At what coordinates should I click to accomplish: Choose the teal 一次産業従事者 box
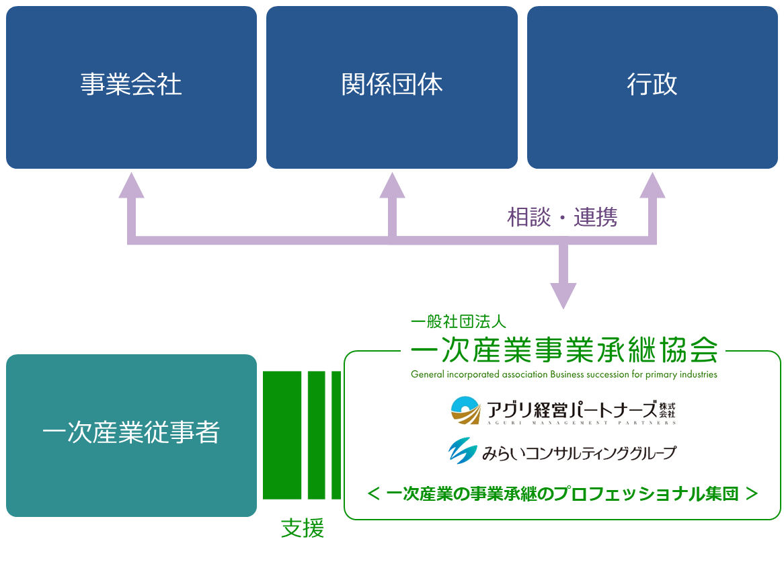point(131,434)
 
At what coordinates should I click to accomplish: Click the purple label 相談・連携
point(561,217)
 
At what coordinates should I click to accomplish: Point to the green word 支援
point(302,529)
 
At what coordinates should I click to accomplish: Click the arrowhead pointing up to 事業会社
point(131,185)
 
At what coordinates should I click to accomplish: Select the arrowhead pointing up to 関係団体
point(392,185)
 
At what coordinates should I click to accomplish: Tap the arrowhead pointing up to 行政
point(652,185)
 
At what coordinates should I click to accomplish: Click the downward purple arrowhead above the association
point(563,296)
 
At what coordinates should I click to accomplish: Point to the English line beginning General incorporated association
point(563,374)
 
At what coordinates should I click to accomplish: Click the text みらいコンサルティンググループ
point(578,452)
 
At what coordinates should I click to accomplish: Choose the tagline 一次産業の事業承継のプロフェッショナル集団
point(563,494)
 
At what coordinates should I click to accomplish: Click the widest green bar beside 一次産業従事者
point(282,435)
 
